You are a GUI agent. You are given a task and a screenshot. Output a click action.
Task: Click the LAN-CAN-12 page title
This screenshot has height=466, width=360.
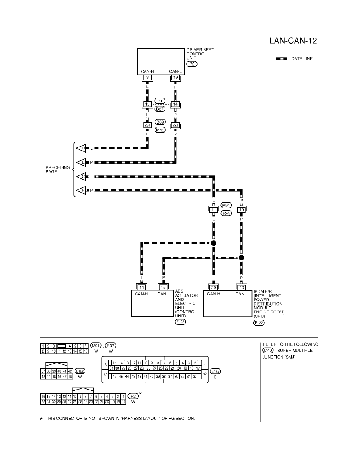point(293,40)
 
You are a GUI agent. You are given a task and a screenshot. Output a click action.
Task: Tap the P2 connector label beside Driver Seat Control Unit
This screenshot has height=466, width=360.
point(192,64)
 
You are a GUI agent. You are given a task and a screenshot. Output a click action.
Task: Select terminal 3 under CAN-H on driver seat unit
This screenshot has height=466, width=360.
point(147,78)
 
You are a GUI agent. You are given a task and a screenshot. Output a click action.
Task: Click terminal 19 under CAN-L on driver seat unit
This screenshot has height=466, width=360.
point(176,78)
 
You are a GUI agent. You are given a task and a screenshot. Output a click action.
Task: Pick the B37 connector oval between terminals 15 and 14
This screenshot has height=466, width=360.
point(160,109)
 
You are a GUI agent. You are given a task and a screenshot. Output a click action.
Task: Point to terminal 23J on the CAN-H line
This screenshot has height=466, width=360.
point(147,126)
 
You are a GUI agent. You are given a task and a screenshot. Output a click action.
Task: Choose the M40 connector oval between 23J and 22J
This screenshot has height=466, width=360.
point(160,130)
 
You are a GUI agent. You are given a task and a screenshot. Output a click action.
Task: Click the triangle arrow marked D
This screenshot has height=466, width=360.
point(81,148)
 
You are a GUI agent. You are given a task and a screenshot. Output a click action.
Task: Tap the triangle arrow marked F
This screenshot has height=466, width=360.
point(81,191)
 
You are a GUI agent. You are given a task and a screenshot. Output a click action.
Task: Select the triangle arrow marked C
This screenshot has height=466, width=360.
point(81,177)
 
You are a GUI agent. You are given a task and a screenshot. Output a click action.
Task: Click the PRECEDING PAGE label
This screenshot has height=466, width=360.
point(58,170)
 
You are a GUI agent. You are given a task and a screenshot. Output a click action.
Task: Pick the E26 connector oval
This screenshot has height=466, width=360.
point(226,213)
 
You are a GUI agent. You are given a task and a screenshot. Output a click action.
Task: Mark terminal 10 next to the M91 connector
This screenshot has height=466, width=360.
point(242,210)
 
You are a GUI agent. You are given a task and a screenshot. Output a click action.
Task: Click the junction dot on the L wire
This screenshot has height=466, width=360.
point(213,243)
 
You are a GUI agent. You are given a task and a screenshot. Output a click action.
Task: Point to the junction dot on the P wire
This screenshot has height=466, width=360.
point(242,257)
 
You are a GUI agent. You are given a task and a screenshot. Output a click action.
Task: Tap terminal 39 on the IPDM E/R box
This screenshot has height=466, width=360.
point(213,288)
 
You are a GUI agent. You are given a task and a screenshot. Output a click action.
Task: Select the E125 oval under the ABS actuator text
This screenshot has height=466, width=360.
point(180,322)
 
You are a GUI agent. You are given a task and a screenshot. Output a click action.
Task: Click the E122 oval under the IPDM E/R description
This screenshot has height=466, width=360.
point(259,323)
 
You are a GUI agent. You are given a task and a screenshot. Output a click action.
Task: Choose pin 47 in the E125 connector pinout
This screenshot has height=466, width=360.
point(105,374)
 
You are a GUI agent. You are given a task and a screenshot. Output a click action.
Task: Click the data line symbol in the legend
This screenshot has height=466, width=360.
point(282,58)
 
